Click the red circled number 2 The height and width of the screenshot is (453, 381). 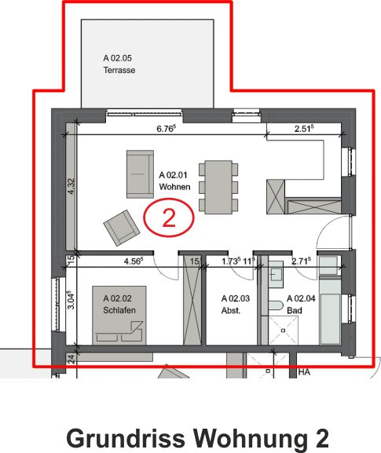point(168,217)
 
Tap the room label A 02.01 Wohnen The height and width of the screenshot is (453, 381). point(174,181)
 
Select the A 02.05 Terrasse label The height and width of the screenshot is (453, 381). point(119,64)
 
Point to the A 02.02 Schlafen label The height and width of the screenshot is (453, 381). point(119,305)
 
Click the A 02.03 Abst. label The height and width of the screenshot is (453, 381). point(235,305)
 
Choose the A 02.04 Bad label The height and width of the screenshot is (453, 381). point(301,305)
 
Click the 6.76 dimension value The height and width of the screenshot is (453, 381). point(166,128)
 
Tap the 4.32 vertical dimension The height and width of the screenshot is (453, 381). point(71,187)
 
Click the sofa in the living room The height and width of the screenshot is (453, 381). point(140,174)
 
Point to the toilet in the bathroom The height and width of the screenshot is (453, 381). point(274,307)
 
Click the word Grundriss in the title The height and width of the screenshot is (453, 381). point(114,437)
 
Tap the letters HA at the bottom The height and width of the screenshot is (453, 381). point(304,372)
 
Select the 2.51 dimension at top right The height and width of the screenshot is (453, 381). point(304,128)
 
